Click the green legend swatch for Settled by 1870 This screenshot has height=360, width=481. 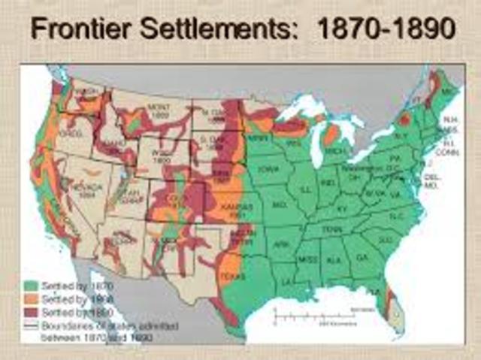point(31,286)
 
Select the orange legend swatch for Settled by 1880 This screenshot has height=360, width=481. point(31,298)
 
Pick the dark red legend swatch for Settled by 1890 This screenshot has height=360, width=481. point(31,310)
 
